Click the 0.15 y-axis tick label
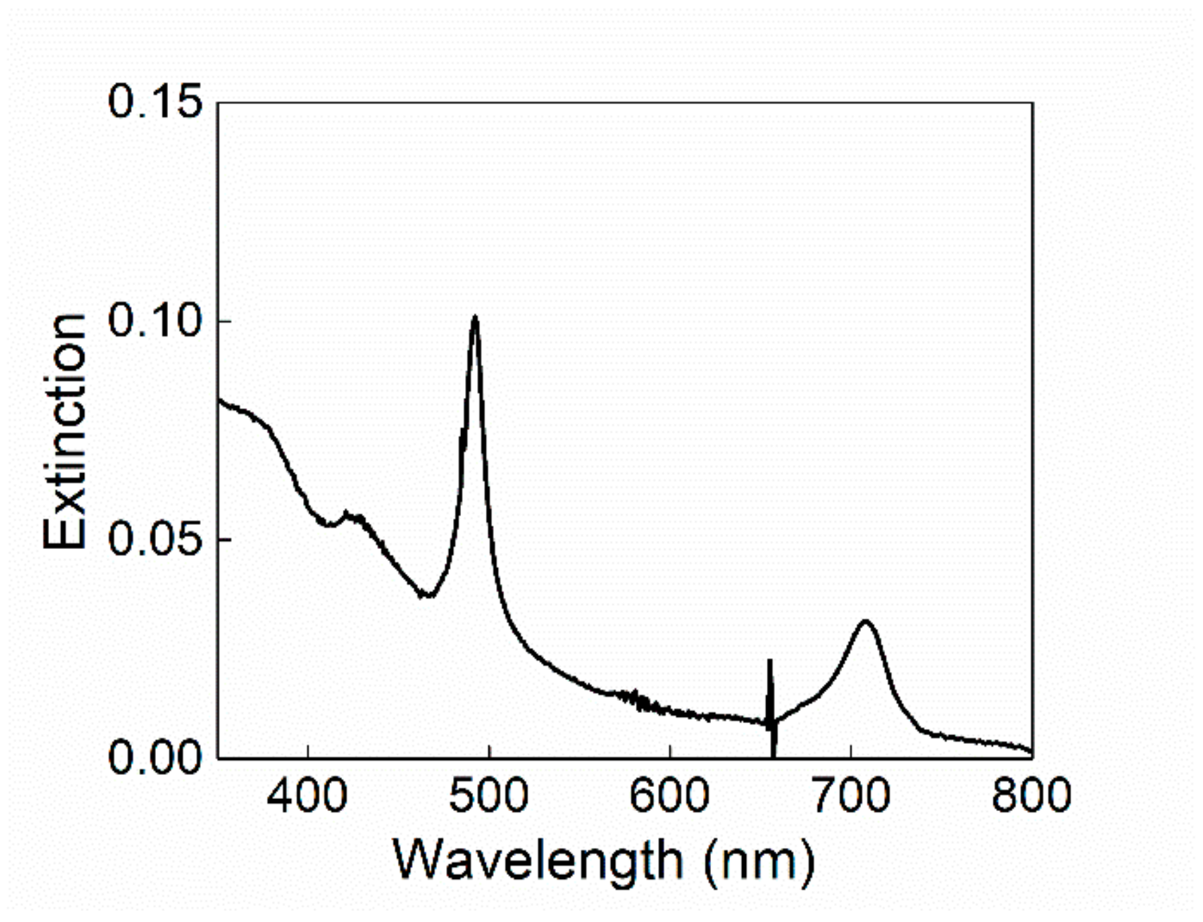[155, 103]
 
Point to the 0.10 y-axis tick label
[155, 321]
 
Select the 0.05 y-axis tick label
[155, 539]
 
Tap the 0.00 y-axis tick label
[155, 757]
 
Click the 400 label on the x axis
[307, 796]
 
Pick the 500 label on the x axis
[489, 796]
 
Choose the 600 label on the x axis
[669, 796]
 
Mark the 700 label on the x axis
[851, 796]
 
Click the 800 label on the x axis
[1031, 796]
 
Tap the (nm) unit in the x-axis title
[759, 862]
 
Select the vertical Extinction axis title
[65, 430]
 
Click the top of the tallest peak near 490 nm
[475, 317]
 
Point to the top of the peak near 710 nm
[865, 622]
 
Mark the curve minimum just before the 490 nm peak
[425, 595]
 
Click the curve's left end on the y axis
[220, 401]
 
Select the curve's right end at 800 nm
[1030, 751]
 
